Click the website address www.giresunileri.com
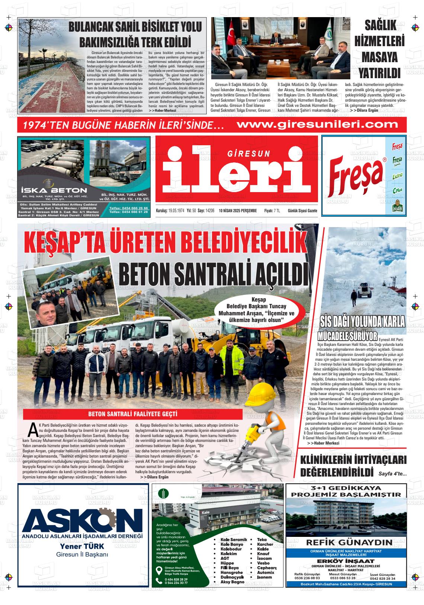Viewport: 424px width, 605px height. tap(318, 124)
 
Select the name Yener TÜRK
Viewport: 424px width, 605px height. tap(82, 547)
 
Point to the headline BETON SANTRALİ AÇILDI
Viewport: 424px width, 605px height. tap(213, 274)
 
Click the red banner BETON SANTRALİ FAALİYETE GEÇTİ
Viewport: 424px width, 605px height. tap(133, 414)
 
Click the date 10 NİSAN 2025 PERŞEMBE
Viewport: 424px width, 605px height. tap(238, 211)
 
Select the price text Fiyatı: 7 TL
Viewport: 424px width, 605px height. tap(272, 211)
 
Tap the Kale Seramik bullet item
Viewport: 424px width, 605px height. tap(234, 539)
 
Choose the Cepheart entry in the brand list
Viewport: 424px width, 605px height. tap(267, 568)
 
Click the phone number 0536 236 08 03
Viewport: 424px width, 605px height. tap(307, 578)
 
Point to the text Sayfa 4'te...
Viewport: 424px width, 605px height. tap(392, 474)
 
